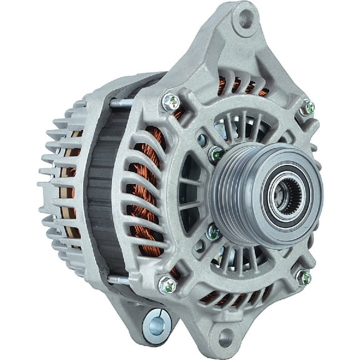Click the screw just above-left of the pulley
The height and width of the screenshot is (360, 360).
(216, 152)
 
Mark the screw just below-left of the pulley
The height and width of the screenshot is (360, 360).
(213, 233)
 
